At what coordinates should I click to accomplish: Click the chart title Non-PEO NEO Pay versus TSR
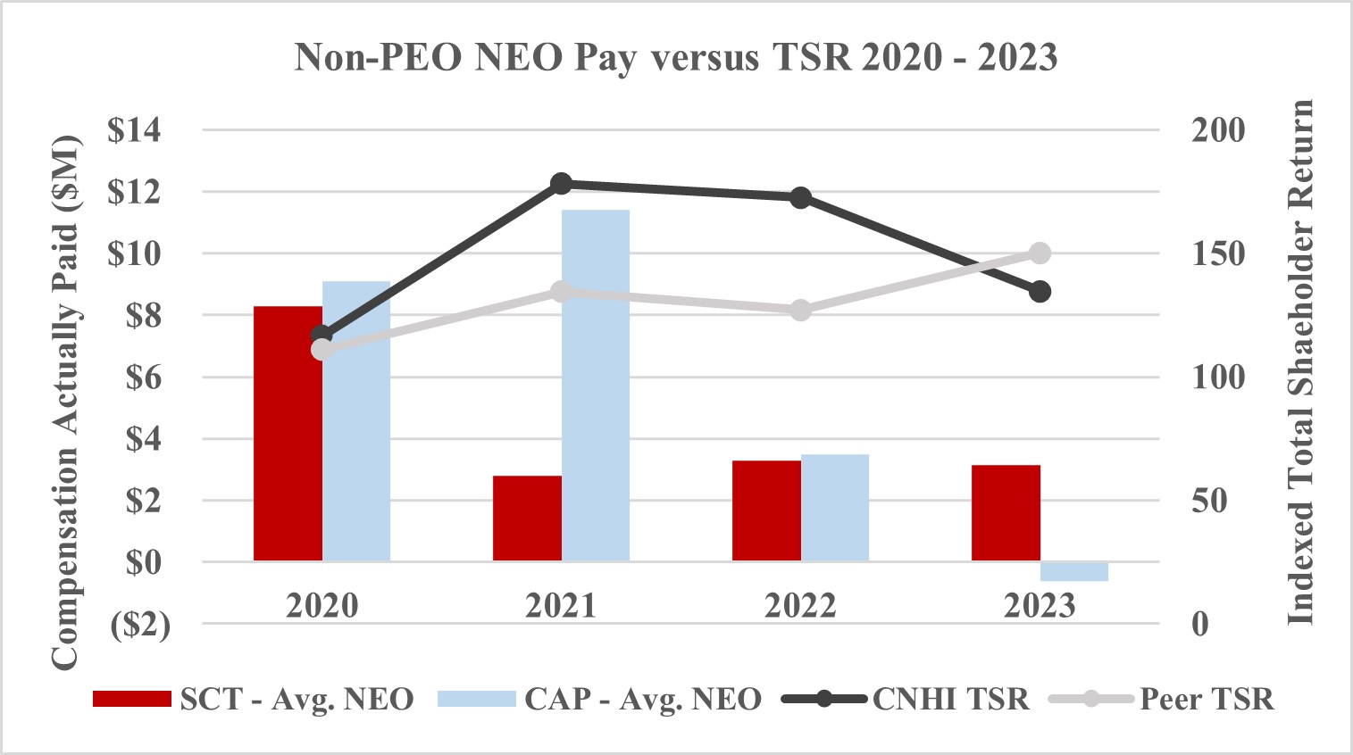tap(676, 58)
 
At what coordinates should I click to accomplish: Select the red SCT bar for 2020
tap(288, 434)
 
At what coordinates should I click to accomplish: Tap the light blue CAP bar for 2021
tap(596, 386)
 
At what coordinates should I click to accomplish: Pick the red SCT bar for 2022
tap(766, 510)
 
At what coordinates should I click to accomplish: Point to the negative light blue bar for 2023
tap(1074, 571)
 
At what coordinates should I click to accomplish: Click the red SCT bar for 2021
tap(527, 519)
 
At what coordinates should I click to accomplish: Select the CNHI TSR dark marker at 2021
tap(561, 184)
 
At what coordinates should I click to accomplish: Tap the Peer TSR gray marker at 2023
tap(1040, 253)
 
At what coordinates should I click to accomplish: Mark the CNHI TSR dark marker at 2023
tap(1040, 292)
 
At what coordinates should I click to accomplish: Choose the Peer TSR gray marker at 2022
tap(800, 311)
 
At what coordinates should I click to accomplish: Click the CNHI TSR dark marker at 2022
tap(800, 197)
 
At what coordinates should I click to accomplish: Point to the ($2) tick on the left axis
tap(139, 625)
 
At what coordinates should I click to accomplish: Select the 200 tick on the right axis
tap(1217, 130)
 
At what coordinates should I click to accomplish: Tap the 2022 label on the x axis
tap(800, 606)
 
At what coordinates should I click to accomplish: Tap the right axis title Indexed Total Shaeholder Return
tap(1300, 361)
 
